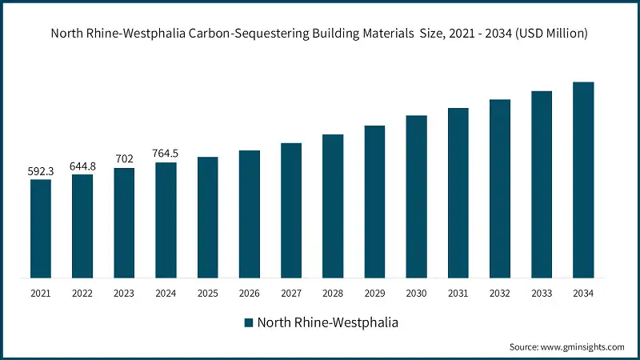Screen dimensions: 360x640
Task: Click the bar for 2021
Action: [41, 229]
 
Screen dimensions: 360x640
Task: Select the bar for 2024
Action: [166, 220]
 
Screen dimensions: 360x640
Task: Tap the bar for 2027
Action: [291, 210]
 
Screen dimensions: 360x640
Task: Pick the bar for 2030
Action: [416, 197]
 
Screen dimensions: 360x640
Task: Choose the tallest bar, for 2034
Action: [583, 180]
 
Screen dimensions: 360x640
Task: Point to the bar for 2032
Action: [500, 189]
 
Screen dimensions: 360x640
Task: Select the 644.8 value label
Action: [82, 166]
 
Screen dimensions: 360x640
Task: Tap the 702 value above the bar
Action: [124, 159]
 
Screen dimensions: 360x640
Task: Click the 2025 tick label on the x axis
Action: [208, 294]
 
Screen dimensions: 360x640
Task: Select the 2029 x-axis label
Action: [374, 294]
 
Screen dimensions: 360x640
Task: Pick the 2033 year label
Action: [542, 294]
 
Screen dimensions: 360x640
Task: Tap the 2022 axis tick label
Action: [82, 294]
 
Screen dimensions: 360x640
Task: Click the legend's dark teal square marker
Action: [249, 323]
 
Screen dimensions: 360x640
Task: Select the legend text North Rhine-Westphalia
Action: [328, 323]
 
